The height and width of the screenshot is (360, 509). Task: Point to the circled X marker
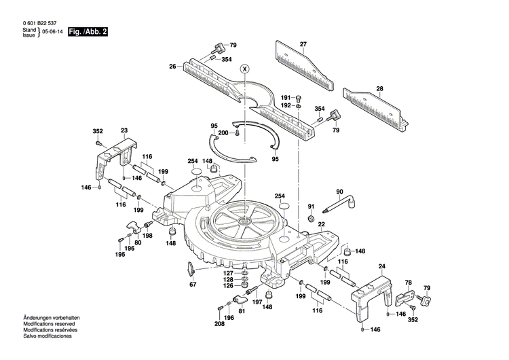click(245, 69)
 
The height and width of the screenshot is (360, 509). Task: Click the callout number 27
click(303, 44)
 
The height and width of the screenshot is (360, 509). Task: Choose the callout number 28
click(379, 88)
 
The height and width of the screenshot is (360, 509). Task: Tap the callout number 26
click(172, 66)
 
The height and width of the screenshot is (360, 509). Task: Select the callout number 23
click(124, 130)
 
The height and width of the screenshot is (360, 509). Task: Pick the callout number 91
click(312, 206)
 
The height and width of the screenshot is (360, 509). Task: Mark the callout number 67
click(193, 285)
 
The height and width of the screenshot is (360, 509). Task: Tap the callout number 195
click(119, 255)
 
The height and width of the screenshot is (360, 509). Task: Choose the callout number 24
click(381, 266)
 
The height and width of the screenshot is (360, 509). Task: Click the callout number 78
click(408, 282)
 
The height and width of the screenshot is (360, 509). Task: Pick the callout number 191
click(286, 97)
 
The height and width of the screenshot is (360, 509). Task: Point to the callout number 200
click(222, 133)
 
